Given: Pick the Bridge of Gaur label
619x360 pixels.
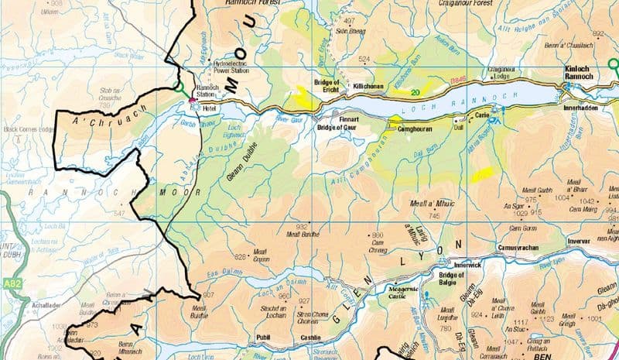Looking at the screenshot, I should (x=338, y=126).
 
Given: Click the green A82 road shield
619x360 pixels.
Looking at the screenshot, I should (x=9, y=284).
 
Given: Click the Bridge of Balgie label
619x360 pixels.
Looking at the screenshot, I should (x=452, y=279).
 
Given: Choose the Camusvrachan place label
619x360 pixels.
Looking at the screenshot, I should (x=518, y=248).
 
